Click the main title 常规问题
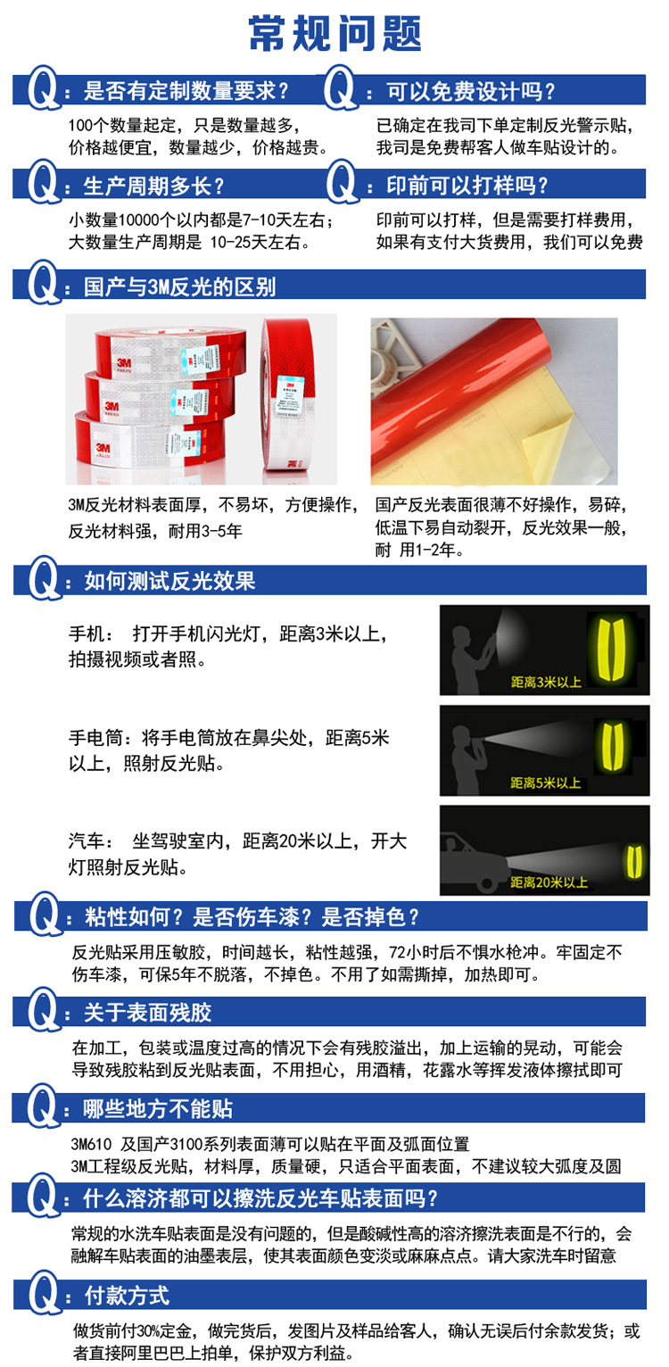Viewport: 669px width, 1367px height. coord(334,35)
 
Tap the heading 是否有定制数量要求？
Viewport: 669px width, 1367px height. coord(186,91)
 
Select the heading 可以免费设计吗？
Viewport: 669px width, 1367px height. coord(471,91)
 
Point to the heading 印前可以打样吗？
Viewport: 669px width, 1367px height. coord(467,186)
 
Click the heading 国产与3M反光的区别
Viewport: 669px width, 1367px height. coord(179,286)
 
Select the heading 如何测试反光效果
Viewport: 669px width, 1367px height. coord(169,582)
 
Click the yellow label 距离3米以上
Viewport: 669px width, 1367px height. coord(546,683)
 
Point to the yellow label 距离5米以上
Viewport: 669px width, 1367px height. coord(546,783)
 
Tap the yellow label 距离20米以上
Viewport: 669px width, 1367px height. coord(549,882)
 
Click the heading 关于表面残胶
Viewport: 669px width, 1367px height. coord(147,1013)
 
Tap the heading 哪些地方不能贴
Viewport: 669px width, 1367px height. coord(158,1109)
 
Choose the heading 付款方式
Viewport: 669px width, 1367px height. coord(126,1295)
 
